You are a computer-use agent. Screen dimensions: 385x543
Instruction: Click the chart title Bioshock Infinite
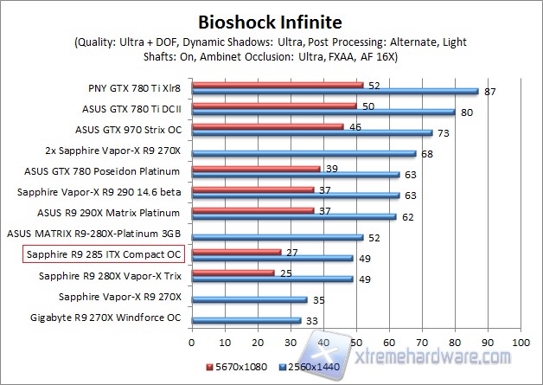pyautogui.click(x=270, y=21)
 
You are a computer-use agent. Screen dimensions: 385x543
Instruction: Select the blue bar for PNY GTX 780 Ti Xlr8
pyautogui.click(x=334, y=91)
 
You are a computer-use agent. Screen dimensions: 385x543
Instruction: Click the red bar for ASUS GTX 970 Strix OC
pyautogui.click(x=267, y=126)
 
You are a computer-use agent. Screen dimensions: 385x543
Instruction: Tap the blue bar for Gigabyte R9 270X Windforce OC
pyautogui.click(x=246, y=321)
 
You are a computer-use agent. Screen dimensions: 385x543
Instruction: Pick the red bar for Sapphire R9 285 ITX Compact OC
pyautogui.click(x=236, y=253)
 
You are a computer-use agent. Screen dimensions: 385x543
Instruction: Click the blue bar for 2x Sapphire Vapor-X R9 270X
pyautogui.click(x=303, y=154)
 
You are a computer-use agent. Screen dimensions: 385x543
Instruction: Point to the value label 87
pyautogui.click(x=489, y=91)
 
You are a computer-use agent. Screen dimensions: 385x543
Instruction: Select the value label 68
pyautogui.click(x=426, y=154)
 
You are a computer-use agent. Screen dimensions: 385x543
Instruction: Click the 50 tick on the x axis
pyautogui.click(x=356, y=343)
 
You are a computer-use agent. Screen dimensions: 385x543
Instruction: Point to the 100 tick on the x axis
pyautogui.click(x=521, y=343)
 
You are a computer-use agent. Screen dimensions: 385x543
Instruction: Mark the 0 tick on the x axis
pyautogui.click(x=192, y=343)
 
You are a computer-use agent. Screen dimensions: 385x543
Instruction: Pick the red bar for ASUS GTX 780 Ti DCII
pyautogui.click(x=274, y=106)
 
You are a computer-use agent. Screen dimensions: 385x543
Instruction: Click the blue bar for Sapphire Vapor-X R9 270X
pyautogui.click(x=249, y=300)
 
